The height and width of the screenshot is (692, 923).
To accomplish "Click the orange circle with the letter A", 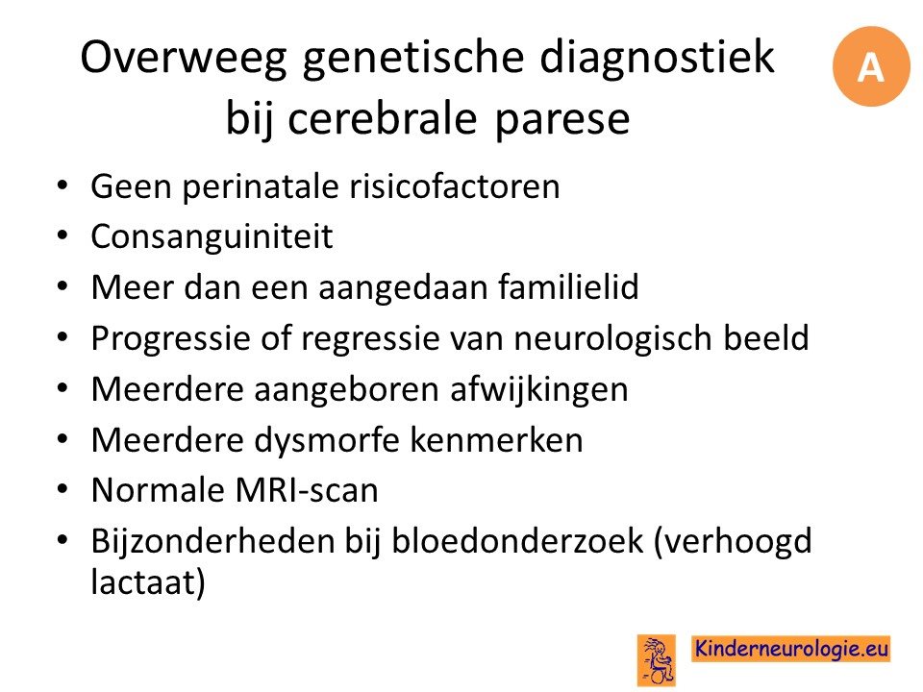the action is [x=871, y=66].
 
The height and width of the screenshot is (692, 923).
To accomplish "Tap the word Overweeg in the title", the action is [x=184, y=59].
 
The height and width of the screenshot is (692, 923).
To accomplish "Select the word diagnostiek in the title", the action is [x=657, y=58].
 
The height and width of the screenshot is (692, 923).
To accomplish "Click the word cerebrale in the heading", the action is [x=382, y=118].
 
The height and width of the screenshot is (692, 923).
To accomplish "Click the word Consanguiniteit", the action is [x=212, y=236].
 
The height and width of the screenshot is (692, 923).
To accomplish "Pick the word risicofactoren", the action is [x=455, y=186].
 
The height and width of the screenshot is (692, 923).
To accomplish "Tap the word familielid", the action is [x=568, y=287].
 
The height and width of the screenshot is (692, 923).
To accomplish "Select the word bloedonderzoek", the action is [x=518, y=541].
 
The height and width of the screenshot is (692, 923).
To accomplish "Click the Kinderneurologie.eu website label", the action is [x=791, y=649].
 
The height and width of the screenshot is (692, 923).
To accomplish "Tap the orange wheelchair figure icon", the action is [x=657, y=660].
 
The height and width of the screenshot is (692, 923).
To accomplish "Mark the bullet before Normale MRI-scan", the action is [x=62, y=489].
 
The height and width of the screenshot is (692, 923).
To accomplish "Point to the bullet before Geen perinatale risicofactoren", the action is [x=62, y=185].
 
